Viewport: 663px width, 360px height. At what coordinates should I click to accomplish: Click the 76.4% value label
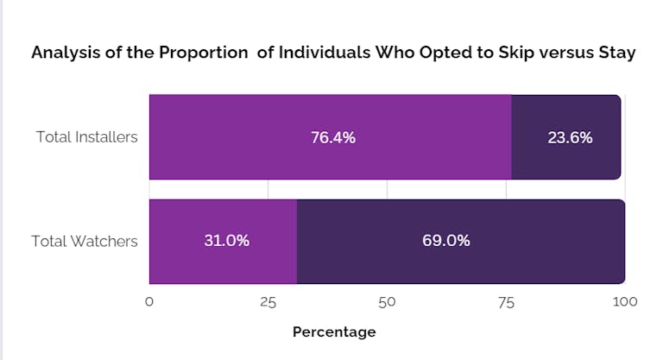333,137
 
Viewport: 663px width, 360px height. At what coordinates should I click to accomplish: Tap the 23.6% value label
570,137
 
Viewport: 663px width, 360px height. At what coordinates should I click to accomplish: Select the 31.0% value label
226,241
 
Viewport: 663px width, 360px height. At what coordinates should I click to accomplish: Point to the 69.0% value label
446,241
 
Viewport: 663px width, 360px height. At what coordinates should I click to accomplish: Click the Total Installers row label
86,137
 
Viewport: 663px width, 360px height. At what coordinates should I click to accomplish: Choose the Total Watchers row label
85,241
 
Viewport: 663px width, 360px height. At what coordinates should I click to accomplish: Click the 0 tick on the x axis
149,302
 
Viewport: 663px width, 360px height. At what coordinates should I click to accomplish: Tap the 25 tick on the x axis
268,302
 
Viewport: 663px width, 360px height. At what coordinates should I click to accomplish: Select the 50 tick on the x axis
387,302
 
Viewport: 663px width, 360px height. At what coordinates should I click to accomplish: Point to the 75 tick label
506,302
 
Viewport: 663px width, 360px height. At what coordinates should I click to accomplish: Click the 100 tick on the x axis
624,302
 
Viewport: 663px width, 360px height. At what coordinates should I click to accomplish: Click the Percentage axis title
334,332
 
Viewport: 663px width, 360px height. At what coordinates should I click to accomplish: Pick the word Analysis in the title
64,53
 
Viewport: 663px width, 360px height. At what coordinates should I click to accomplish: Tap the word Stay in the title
616,53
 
